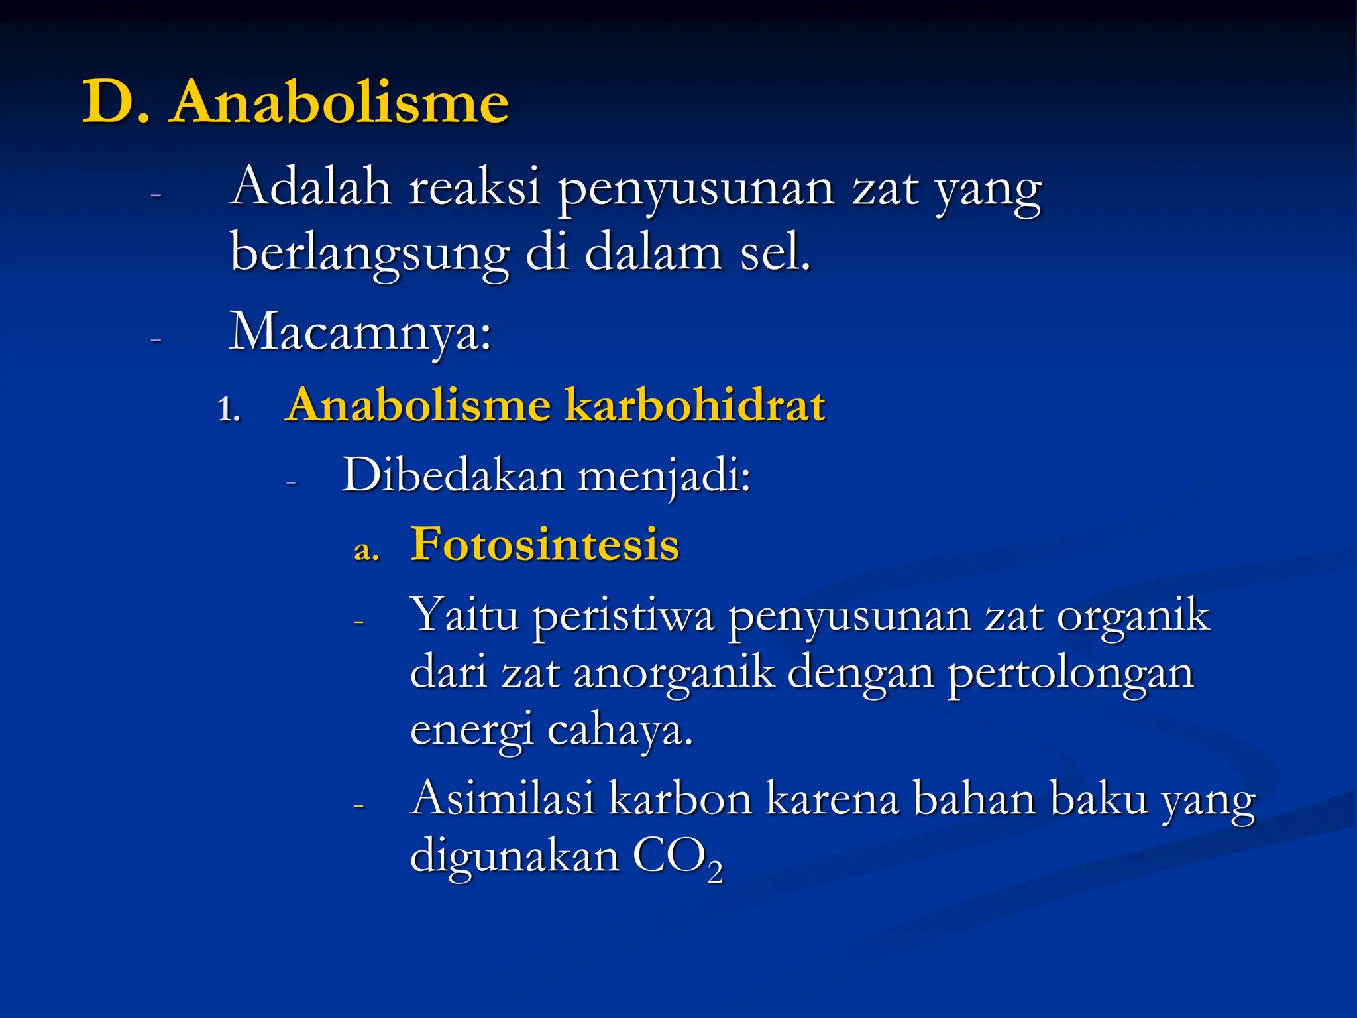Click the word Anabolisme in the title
tap(339, 102)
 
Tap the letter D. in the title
tap(116, 102)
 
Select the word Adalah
tap(311, 188)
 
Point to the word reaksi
tap(474, 188)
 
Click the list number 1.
tap(228, 409)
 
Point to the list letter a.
tap(366, 549)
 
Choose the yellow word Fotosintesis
tap(545, 545)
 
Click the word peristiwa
tap(624, 616)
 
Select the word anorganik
tap(674, 673)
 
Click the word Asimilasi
tap(502, 798)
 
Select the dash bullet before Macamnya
tap(156, 340)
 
